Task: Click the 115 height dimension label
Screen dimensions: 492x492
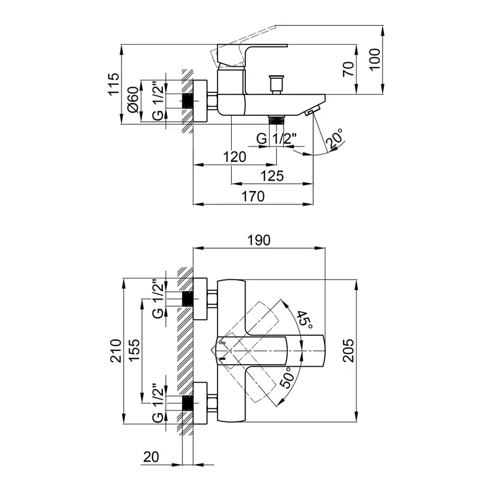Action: coord(113,84)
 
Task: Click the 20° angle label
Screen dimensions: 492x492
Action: coord(334,139)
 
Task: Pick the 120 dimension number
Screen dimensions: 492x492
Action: coord(235,157)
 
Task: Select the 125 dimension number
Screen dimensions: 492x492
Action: coord(272,176)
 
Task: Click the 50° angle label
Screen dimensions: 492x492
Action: coord(288,377)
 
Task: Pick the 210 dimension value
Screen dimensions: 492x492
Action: coord(115,351)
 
